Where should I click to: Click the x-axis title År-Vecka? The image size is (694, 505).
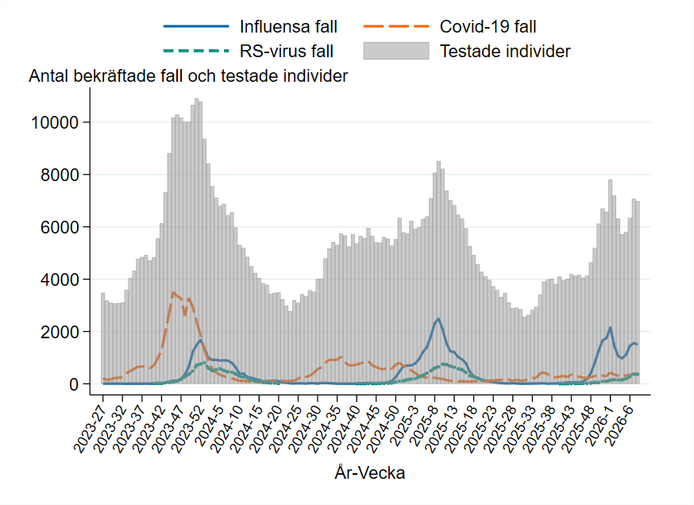coord(370,474)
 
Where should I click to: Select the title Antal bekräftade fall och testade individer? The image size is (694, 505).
coord(188,76)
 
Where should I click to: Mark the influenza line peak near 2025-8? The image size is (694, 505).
coord(438,318)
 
